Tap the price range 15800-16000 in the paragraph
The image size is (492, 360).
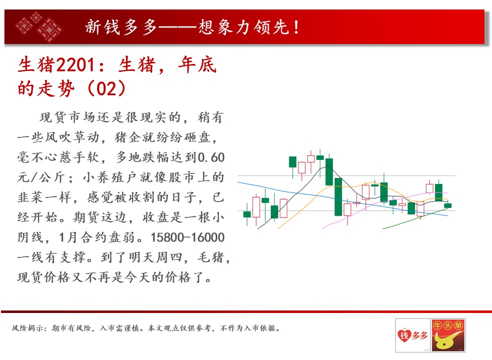pyautogui.click(x=188, y=237)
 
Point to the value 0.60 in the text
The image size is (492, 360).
pyautogui.click(x=211, y=157)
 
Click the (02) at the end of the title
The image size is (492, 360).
pyautogui.click(x=107, y=88)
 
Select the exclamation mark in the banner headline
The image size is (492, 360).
pyautogui.click(x=296, y=27)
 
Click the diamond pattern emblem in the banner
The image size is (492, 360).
pyautogui.click(x=39, y=26)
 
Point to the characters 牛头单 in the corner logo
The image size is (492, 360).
pyautogui.click(x=448, y=325)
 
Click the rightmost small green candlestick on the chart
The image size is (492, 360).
pyautogui.click(x=448, y=205)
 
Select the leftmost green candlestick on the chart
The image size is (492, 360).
pyautogui.click(x=247, y=214)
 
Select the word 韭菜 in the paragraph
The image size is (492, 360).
pyautogui.click(x=31, y=197)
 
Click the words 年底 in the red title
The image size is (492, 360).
pyautogui.click(x=197, y=65)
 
